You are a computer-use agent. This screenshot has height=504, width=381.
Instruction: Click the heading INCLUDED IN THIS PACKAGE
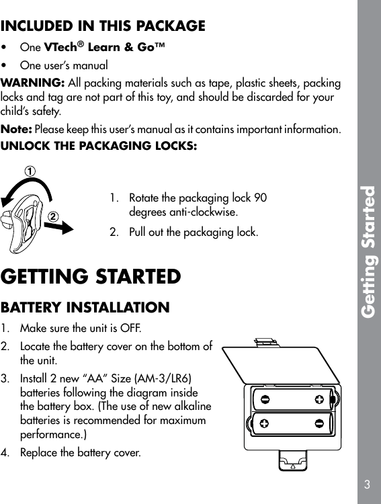[103, 27]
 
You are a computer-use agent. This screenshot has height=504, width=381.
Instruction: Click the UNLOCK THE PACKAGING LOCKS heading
[99, 146]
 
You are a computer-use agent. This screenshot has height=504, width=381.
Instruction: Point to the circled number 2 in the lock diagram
[51, 216]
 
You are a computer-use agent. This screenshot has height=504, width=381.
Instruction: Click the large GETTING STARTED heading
[91, 277]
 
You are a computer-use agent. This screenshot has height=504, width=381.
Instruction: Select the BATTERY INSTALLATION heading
[85, 308]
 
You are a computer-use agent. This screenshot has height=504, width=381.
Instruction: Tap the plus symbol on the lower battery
[265, 423]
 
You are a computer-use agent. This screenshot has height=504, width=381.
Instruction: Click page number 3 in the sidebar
[368, 484]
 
